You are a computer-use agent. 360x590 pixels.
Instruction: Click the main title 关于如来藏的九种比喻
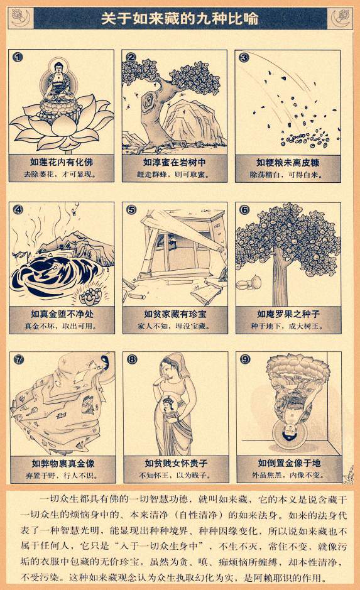(x=180, y=18)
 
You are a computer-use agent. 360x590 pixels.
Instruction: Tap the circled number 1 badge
(x=18, y=57)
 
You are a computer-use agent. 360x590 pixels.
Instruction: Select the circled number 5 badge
(x=131, y=209)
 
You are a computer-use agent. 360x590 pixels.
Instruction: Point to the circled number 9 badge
(x=245, y=359)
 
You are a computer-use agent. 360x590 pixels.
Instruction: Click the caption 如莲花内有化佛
(x=62, y=162)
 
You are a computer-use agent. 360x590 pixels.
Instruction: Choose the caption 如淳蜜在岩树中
(x=175, y=162)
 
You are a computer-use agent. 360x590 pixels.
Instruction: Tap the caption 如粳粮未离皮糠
(x=288, y=163)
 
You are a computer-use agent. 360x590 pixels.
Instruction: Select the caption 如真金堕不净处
(x=62, y=314)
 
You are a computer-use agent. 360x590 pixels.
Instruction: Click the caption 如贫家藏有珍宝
(x=175, y=314)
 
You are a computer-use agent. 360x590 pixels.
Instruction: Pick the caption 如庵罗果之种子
(x=288, y=314)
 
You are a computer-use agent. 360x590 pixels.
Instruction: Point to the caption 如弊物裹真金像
(x=63, y=463)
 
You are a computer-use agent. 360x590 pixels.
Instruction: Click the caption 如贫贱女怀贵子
(x=176, y=463)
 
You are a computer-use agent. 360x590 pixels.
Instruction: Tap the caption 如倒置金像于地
(x=289, y=463)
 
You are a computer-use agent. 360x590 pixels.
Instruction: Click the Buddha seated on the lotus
(x=58, y=82)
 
